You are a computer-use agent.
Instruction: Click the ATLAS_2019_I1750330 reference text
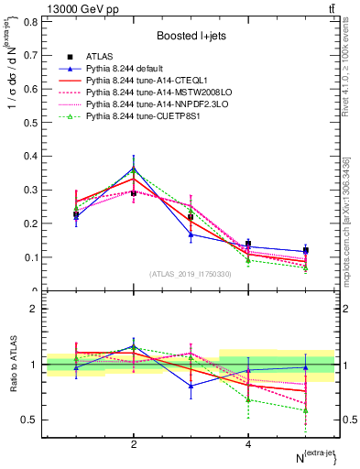pyautogui.click(x=190, y=274)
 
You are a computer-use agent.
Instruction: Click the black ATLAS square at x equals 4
pyautogui.click(x=248, y=244)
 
